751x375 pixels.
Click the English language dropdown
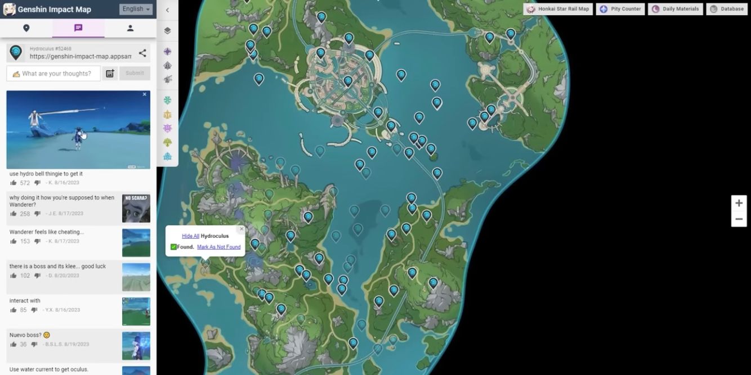tap(136, 9)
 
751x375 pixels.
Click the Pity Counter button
tap(622, 9)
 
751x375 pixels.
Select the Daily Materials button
tap(676, 9)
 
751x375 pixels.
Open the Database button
tap(727, 9)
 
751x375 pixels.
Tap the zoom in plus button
tap(739, 203)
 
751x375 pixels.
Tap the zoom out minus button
tap(739, 219)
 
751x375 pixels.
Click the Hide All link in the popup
tap(190, 236)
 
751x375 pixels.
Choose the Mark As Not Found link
tap(218, 247)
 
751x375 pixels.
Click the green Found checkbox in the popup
tap(173, 247)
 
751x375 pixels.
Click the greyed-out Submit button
tap(135, 73)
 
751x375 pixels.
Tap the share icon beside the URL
tap(142, 53)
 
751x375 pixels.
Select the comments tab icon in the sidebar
tap(78, 28)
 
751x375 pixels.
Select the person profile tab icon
tap(130, 28)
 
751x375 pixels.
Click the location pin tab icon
tap(26, 28)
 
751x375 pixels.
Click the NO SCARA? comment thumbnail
tap(136, 208)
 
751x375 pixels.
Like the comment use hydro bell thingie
tap(13, 183)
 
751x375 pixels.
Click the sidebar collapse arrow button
tap(167, 10)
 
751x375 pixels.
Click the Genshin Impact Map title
tap(54, 10)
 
